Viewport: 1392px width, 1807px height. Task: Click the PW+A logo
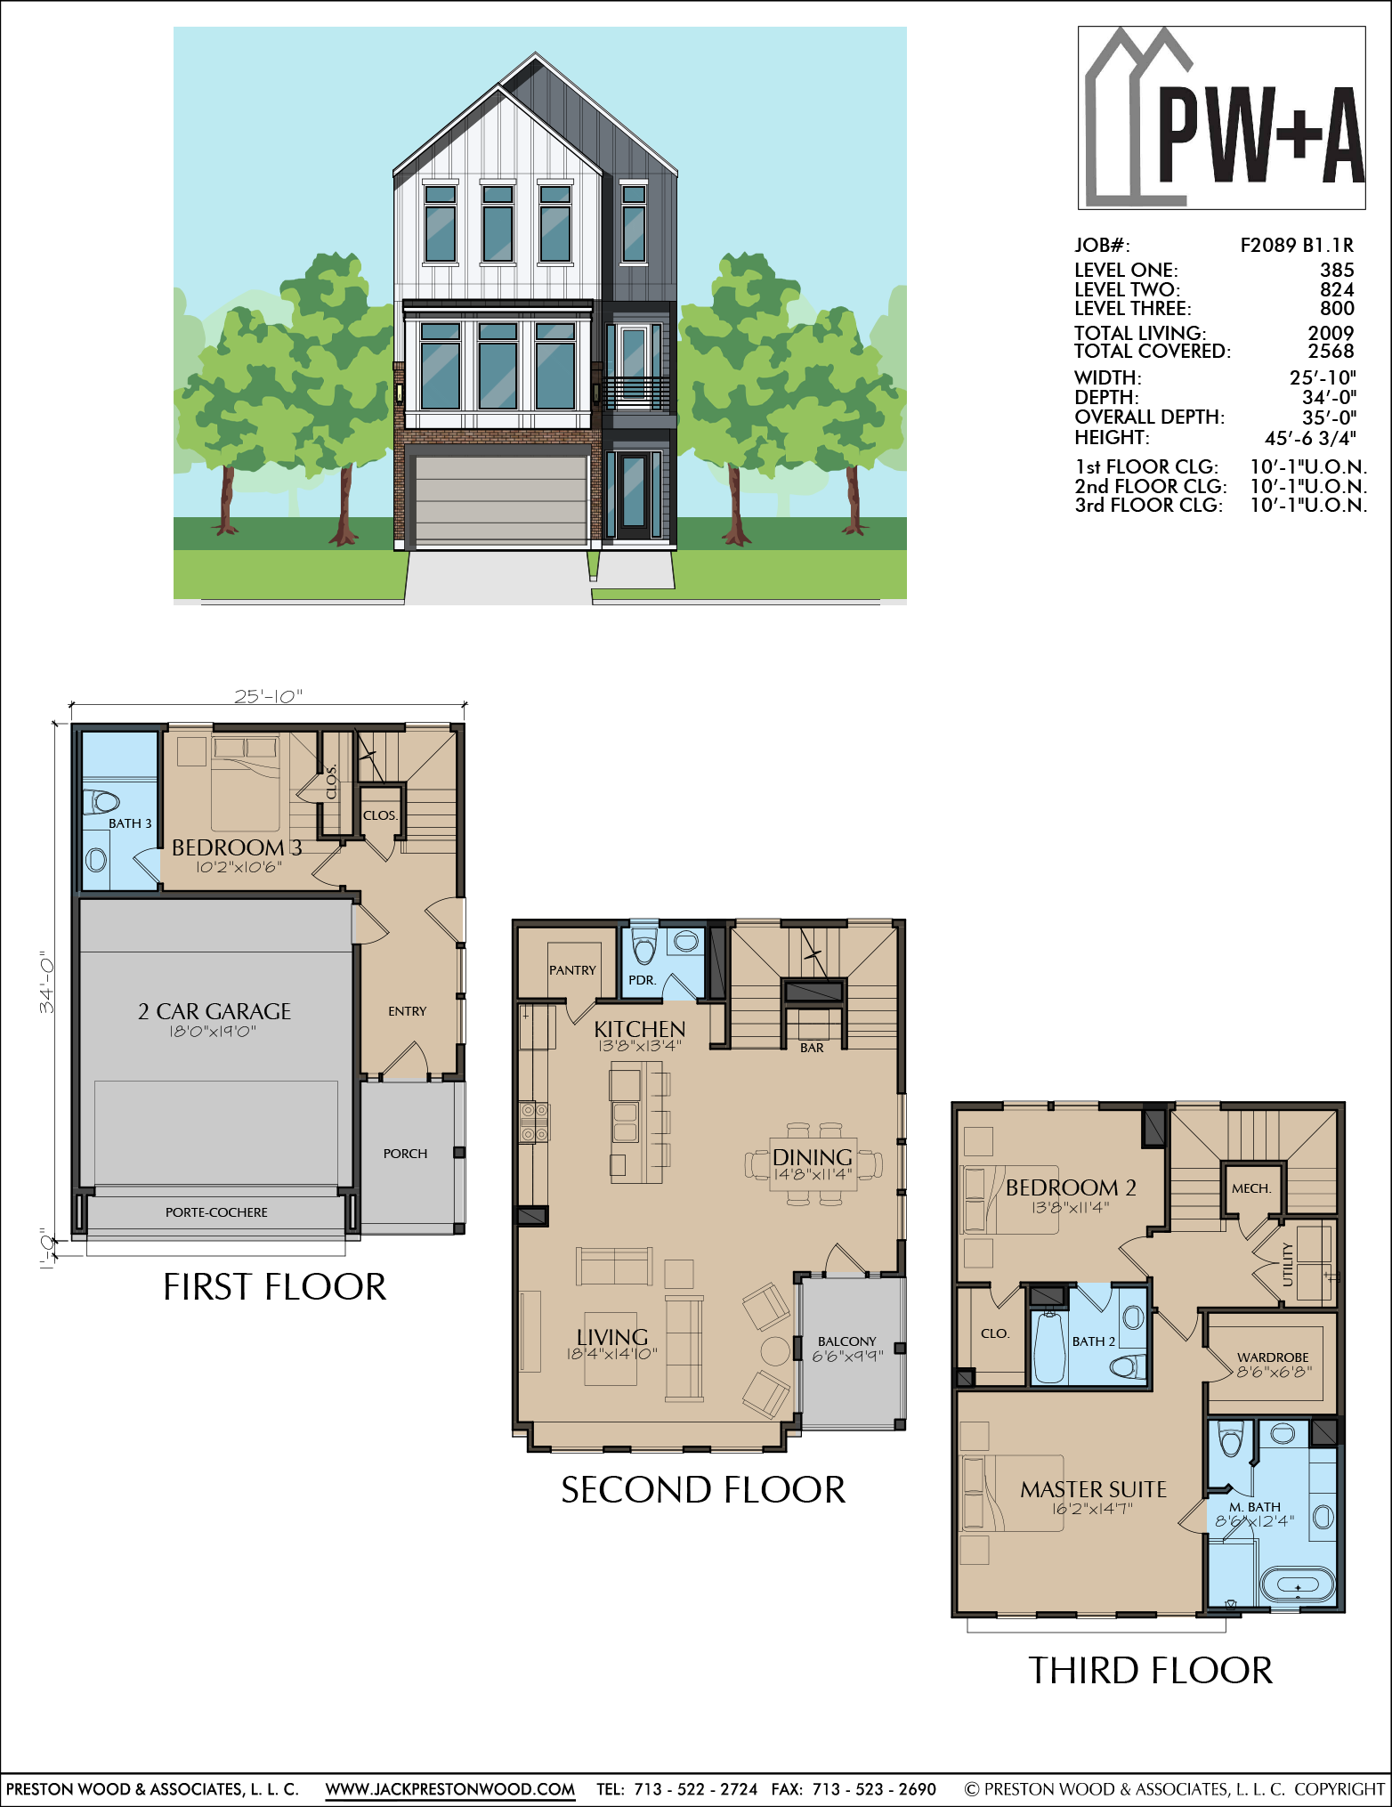[x=1222, y=117]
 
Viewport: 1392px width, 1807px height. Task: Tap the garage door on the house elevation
[x=502, y=499]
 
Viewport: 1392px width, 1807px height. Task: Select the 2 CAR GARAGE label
[x=214, y=1011]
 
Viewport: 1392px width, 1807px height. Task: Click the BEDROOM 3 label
[x=237, y=847]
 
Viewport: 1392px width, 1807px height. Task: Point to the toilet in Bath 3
[x=101, y=801]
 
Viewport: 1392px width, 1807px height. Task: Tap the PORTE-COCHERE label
[x=216, y=1212]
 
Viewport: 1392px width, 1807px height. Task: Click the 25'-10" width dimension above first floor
[x=268, y=696]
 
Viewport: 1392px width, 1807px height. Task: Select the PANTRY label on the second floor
[x=572, y=970]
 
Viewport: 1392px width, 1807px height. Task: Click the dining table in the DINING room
[x=813, y=1163]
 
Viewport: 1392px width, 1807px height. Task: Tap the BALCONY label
[x=847, y=1341]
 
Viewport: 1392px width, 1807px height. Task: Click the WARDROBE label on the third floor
[x=1273, y=1357]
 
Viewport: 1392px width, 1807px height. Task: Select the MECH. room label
[x=1251, y=1188]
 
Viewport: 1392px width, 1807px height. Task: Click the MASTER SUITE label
[x=1094, y=1489]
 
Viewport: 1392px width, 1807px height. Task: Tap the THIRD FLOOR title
[x=1151, y=1671]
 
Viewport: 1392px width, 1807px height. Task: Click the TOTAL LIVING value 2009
[x=1331, y=333]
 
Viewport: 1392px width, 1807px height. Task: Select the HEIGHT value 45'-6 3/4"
[x=1310, y=438]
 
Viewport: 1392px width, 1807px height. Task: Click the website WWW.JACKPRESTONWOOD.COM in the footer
[x=450, y=1789]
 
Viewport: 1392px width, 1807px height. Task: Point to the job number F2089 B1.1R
[x=1297, y=246]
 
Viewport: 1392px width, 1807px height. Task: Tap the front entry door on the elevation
[x=635, y=496]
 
